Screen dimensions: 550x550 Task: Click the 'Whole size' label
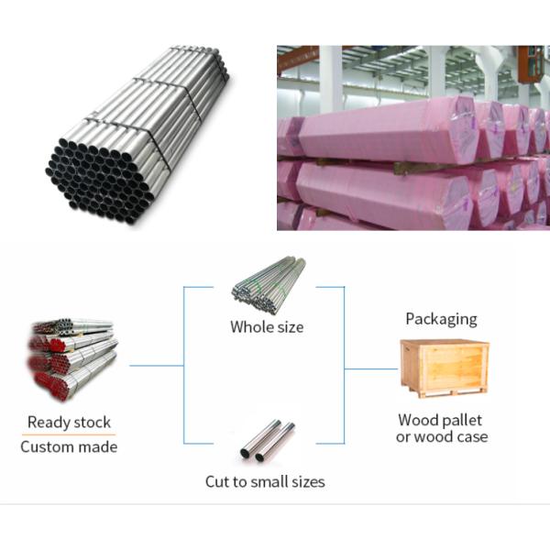(x=267, y=326)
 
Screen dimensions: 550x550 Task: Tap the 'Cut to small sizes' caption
(x=264, y=481)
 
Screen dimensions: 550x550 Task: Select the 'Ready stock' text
(x=69, y=423)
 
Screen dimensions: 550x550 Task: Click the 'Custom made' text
(x=69, y=447)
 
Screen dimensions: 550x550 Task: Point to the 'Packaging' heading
(x=442, y=319)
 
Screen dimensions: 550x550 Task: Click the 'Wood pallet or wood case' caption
(x=442, y=428)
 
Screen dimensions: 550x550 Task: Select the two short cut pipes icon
(x=268, y=441)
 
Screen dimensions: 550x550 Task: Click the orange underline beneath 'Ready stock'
(x=69, y=434)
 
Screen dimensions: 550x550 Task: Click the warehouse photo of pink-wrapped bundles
(x=412, y=137)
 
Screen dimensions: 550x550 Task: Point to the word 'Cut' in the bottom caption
(x=216, y=481)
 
